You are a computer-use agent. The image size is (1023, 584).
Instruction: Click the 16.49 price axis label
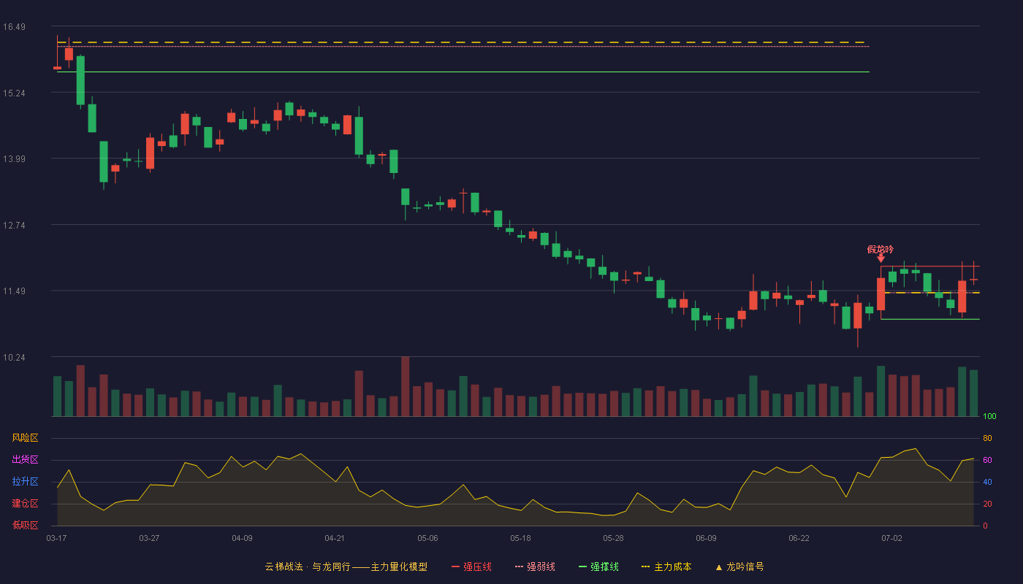(x=14, y=27)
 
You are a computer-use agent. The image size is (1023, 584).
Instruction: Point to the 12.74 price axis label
(x=14, y=226)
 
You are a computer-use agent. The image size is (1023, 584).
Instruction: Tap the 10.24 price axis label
(x=14, y=357)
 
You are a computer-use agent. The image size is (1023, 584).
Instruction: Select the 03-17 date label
(x=57, y=539)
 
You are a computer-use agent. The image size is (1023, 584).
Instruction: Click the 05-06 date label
(x=427, y=539)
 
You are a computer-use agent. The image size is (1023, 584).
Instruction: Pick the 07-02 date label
(x=892, y=539)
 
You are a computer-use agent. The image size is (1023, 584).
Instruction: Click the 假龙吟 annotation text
(x=881, y=249)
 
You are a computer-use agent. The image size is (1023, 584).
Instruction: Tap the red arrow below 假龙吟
(x=881, y=258)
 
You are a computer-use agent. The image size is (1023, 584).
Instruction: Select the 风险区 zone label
(x=25, y=438)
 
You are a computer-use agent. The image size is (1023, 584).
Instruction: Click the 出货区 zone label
(x=25, y=459)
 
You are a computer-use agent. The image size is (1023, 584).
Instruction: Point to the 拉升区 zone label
(x=25, y=481)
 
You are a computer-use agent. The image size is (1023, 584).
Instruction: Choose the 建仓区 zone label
(x=25, y=503)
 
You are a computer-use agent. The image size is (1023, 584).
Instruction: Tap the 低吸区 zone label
(x=25, y=525)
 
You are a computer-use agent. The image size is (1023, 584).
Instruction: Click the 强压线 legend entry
(x=471, y=566)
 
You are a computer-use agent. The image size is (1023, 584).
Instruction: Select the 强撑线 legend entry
(x=598, y=566)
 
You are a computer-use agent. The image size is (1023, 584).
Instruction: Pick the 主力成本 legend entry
(x=666, y=566)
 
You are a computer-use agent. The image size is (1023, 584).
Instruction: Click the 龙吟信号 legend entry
(x=739, y=566)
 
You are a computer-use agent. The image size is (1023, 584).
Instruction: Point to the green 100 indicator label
(x=989, y=416)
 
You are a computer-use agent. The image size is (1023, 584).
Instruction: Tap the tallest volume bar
(x=405, y=386)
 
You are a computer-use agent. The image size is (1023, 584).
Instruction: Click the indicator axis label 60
(x=987, y=460)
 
